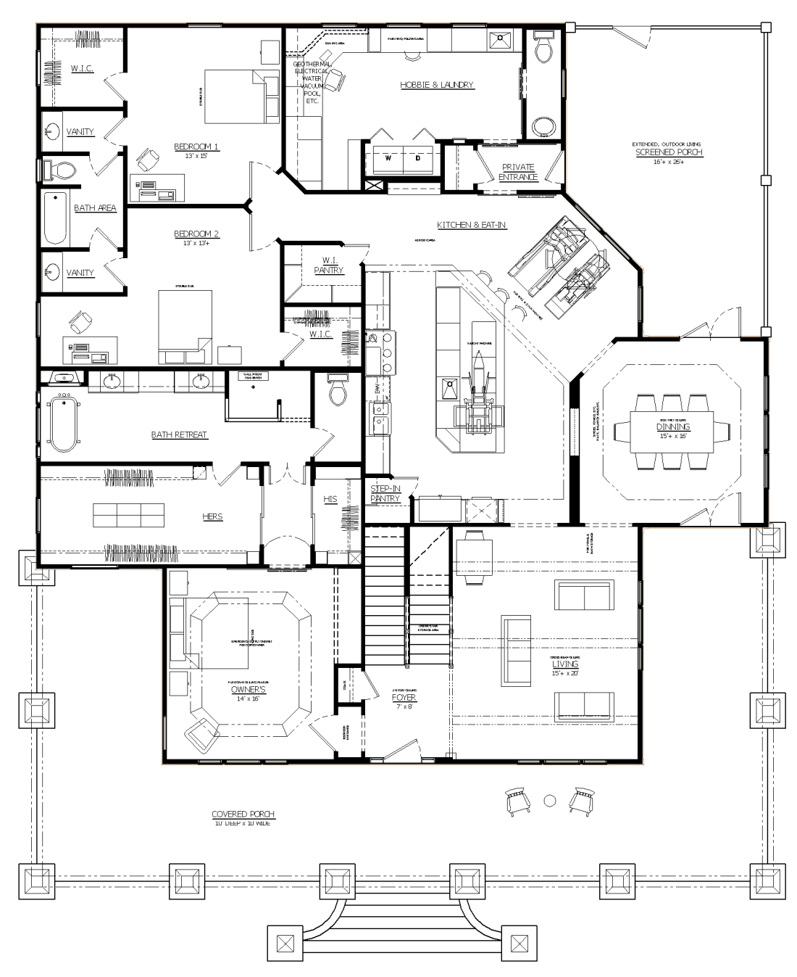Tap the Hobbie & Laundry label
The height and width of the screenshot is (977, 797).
[x=437, y=85]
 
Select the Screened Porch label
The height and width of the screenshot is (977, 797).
[x=669, y=152]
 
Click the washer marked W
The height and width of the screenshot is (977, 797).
[x=388, y=157]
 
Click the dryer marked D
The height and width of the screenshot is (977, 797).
[x=418, y=157]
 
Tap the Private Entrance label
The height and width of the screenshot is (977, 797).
[x=518, y=172]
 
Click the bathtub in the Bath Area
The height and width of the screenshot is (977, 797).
[x=56, y=218]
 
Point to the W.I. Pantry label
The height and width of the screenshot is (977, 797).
[x=329, y=265]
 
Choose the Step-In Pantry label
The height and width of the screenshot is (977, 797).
[x=385, y=494]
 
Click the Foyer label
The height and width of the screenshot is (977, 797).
[x=404, y=698]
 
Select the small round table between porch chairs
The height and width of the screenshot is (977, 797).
[x=550, y=800]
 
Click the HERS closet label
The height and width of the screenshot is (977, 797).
[x=212, y=516]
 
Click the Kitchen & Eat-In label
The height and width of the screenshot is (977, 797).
[x=471, y=225]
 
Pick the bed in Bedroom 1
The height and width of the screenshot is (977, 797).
[x=236, y=96]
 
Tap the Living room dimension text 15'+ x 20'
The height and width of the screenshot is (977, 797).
[x=565, y=672]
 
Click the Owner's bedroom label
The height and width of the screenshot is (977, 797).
[x=249, y=690]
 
